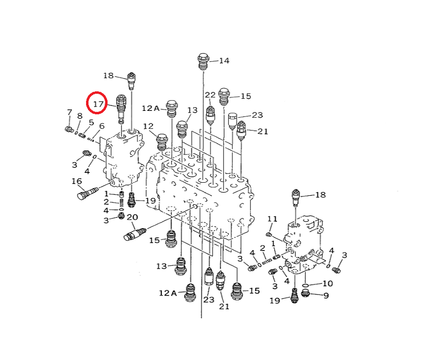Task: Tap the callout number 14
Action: point(224,61)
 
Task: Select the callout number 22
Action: point(210,95)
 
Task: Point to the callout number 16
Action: point(77,182)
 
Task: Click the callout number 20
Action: point(132,217)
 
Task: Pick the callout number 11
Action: point(272,218)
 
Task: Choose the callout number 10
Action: point(327,283)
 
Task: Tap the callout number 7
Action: point(69,113)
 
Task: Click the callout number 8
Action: point(79,116)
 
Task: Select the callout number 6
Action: point(102,126)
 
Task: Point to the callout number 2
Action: point(106,202)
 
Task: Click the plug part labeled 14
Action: point(203,61)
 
